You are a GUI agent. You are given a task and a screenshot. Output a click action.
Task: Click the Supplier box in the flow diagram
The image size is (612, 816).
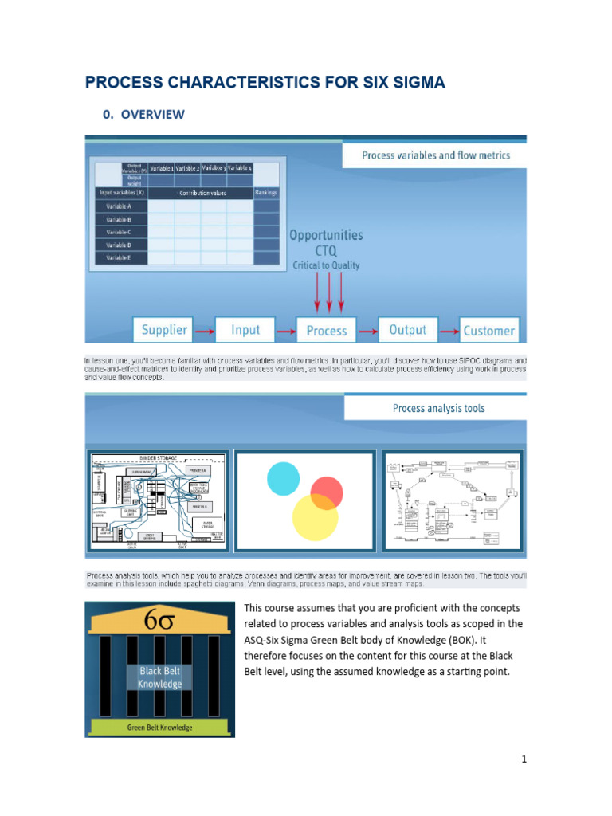coord(164,330)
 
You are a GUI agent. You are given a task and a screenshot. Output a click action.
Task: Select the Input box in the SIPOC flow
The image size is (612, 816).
coord(245,330)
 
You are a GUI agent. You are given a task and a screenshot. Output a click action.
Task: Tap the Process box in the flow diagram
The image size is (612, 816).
coord(327,331)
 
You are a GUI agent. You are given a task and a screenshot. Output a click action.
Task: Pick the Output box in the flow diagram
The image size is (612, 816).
coord(407,330)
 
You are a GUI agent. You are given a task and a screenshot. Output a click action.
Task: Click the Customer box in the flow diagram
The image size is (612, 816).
coord(488,331)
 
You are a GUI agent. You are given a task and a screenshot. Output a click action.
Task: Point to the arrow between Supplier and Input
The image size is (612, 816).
coord(205,330)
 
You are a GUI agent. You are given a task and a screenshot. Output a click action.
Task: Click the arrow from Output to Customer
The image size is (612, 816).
coord(448,330)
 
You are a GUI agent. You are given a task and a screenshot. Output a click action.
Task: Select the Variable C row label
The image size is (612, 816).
coord(120,232)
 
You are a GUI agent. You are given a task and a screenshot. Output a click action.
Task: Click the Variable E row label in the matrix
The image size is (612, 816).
coord(120,257)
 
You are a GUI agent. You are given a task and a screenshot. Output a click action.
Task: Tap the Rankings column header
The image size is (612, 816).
coord(266,193)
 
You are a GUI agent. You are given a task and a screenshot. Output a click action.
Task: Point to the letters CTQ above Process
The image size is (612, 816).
coord(326,250)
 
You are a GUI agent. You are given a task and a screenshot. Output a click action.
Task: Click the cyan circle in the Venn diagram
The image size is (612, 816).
coord(283,477)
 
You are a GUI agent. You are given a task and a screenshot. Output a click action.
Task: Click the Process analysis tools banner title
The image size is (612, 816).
coord(438,408)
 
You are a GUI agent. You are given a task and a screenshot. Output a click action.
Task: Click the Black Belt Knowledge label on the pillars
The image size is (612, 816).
coord(160,678)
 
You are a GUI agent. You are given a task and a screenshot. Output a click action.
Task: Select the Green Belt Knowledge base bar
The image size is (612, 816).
coord(160,728)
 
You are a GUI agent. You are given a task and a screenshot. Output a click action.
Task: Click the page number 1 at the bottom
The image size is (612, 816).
coord(524,759)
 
